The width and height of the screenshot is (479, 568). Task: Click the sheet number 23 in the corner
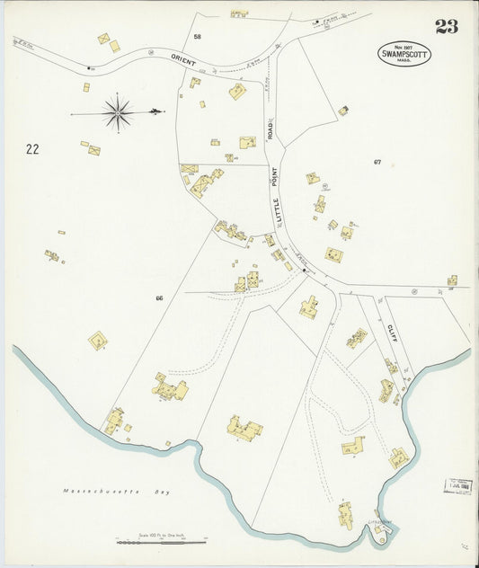click(447, 26)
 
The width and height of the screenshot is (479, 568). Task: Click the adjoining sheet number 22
click(32, 149)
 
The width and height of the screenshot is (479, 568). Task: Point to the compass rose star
click(118, 112)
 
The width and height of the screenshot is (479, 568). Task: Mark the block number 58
click(197, 37)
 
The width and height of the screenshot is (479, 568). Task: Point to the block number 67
click(377, 162)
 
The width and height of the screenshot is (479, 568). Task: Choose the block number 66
click(159, 297)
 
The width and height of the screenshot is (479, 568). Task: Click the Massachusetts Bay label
click(116, 492)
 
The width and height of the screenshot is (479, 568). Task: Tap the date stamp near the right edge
click(458, 486)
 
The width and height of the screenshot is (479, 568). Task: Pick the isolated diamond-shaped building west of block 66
click(98, 341)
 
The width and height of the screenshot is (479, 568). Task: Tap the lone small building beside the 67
click(343, 111)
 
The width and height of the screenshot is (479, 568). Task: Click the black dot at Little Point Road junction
click(305, 270)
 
